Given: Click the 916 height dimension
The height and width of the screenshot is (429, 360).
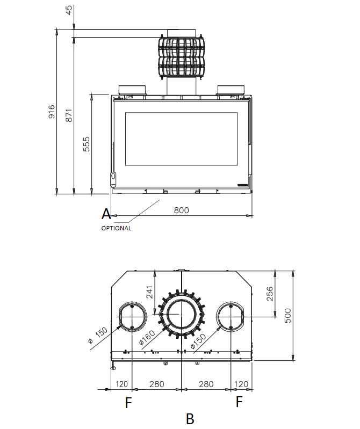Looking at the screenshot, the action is point(52,112).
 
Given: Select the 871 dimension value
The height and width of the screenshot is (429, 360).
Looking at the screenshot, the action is point(69,115).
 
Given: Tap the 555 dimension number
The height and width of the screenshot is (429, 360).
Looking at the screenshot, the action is point(86,144).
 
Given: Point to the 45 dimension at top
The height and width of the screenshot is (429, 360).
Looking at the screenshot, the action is point(69,10).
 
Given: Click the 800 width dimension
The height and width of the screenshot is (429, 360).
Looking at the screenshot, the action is point(181,210).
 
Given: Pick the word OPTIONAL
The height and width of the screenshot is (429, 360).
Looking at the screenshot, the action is point(117,228).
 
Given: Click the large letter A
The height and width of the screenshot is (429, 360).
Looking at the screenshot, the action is point(106,214).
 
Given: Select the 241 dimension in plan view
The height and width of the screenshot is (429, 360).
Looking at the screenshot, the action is point(149,292).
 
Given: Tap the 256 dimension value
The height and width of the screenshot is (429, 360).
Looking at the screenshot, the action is point(270,294).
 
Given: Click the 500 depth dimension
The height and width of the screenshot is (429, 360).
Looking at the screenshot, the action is point(287,316).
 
